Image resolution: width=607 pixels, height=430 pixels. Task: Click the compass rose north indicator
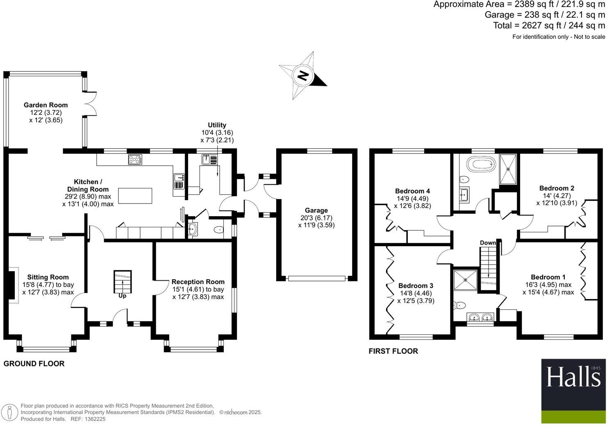[303, 76]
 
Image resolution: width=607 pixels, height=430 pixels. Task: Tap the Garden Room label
[45, 105]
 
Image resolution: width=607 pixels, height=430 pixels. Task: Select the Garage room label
[316, 210]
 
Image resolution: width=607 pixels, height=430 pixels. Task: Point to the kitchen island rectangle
[135, 196]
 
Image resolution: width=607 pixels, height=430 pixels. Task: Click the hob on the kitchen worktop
[135, 159]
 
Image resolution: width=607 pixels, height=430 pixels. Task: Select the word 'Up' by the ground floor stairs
[122, 295]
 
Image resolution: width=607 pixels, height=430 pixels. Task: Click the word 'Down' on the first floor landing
[488, 243]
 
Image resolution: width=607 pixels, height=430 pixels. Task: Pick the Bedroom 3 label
[416, 286]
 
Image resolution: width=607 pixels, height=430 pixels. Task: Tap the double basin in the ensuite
[480, 317]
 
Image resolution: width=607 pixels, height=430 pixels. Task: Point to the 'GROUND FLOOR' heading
[34, 364]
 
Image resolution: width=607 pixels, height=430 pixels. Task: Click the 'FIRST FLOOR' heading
[393, 351]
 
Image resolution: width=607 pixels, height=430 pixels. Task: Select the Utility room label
[217, 125]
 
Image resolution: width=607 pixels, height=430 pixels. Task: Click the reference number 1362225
[94, 419]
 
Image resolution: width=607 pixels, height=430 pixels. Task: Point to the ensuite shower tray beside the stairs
[466, 280]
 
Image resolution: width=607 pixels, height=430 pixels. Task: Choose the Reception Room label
[198, 282]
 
